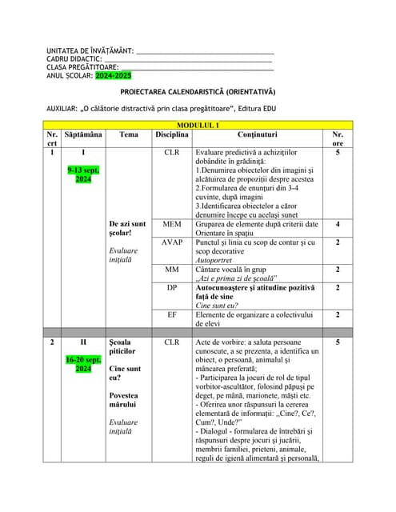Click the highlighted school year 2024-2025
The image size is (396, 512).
click(x=113, y=75)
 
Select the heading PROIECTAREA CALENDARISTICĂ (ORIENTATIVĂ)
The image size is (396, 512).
click(x=198, y=91)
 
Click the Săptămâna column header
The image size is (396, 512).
click(x=83, y=134)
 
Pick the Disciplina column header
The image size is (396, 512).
click(x=172, y=134)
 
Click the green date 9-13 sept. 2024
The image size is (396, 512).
click(x=83, y=175)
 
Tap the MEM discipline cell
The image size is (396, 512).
click(x=172, y=225)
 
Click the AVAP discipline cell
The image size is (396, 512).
click(x=172, y=242)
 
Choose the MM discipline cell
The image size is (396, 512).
click(x=172, y=270)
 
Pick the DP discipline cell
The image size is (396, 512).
click(x=172, y=287)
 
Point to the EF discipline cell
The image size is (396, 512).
click(x=172, y=314)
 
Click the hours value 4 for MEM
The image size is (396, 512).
click(x=338, y=225)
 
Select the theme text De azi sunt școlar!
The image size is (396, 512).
click(x=127, y=230)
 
